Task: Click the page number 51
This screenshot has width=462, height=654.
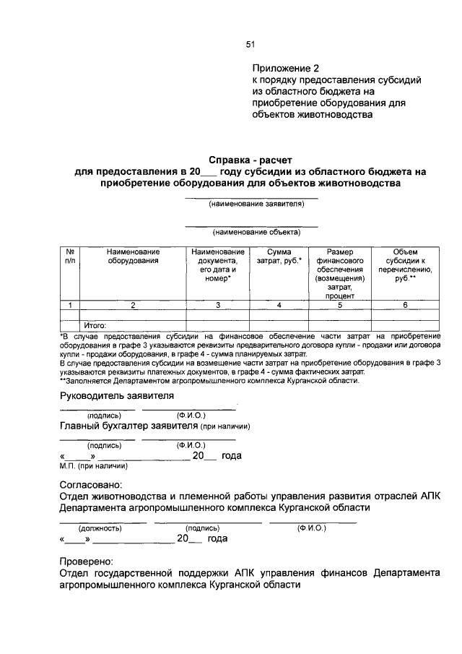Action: pos(250,44)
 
